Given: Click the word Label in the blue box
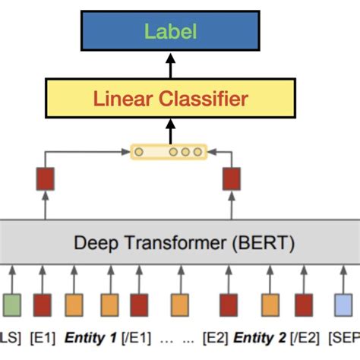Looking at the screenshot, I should click(171, 31).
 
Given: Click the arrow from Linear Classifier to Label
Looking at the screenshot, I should click(170, 67).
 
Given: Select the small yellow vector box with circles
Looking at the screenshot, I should click(168, 152).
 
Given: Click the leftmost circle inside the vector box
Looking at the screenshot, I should click(138, 152).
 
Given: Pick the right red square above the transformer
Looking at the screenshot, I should click(230, 179).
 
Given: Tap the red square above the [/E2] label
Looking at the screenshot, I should click(305, 305).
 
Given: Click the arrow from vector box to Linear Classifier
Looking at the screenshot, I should click(170, 130).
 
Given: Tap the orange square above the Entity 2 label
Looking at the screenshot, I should click(268, 305).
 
